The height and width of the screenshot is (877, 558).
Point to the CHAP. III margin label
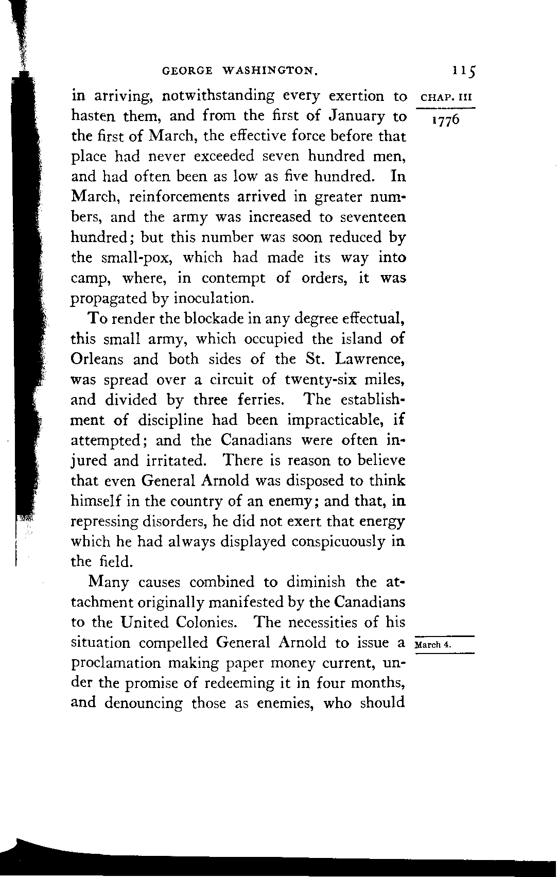446,98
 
